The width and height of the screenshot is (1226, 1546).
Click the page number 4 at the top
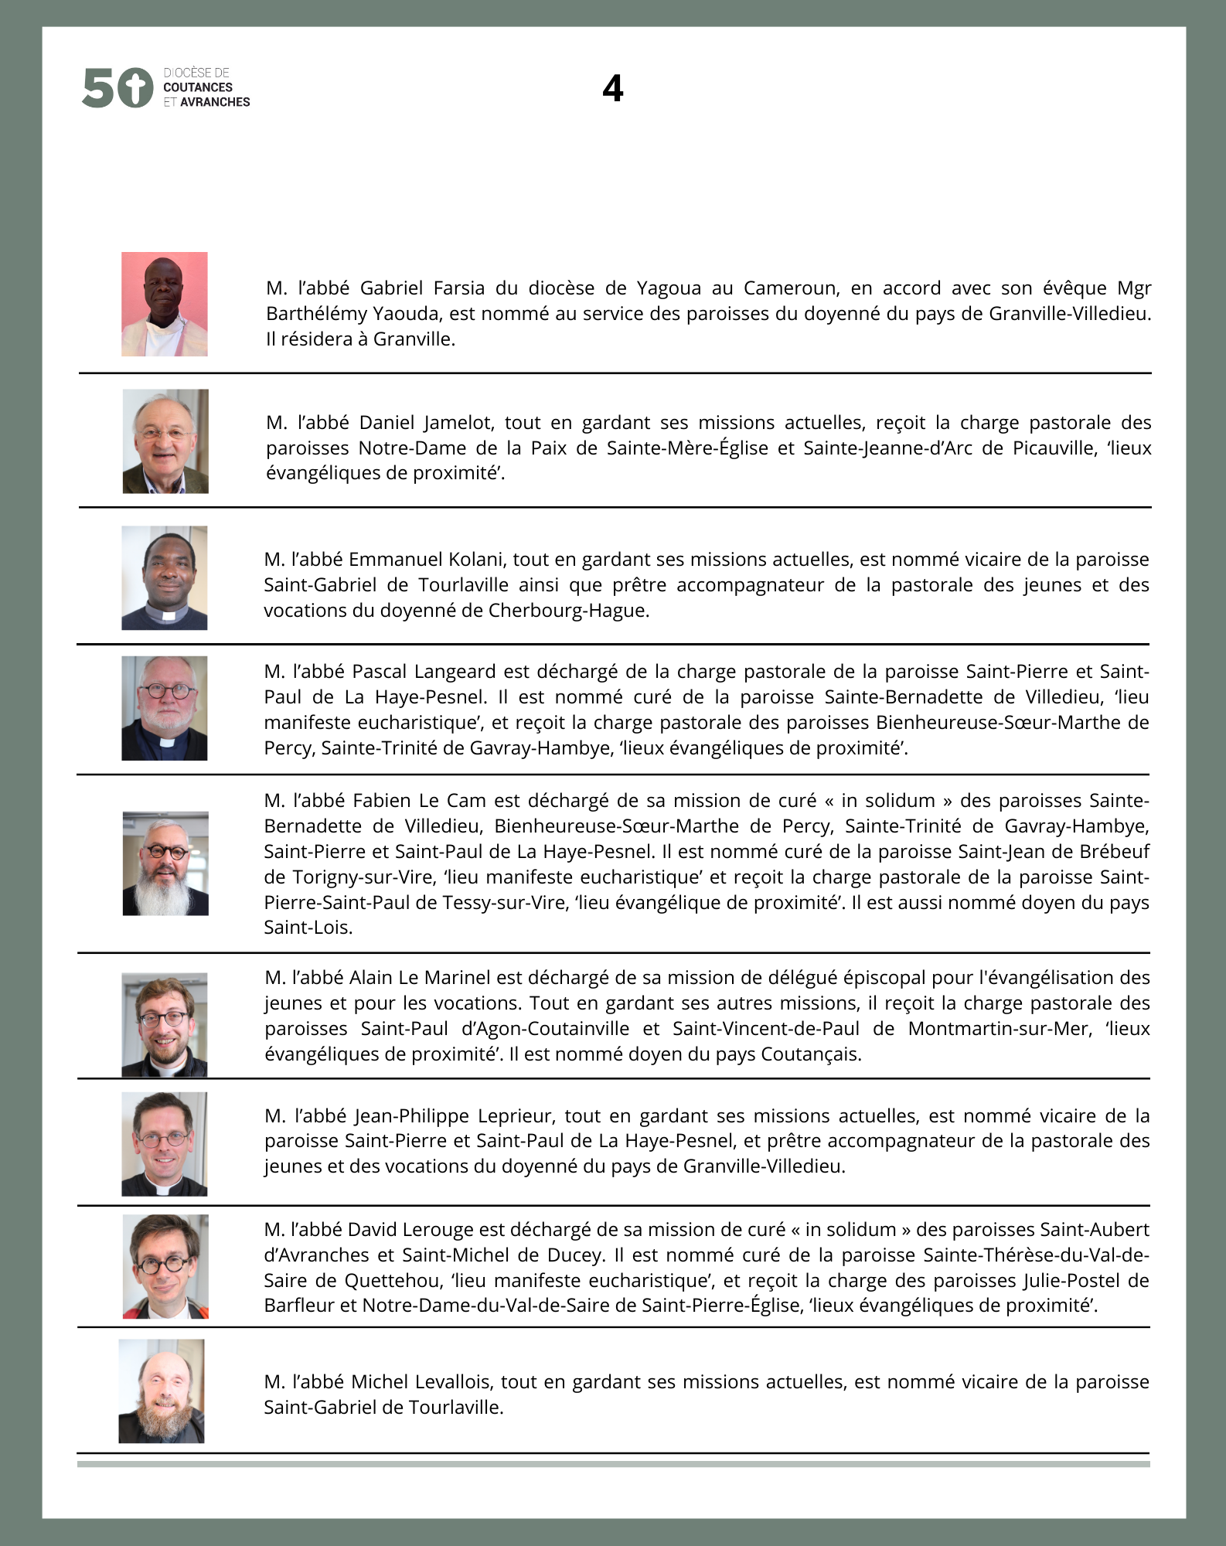(x=612, y=88)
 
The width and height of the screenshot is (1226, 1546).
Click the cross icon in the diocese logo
(x=136, y=87)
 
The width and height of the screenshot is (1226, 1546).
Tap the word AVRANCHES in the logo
(x=215, y=102)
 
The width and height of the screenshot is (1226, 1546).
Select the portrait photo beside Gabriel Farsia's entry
(x=165, y=304)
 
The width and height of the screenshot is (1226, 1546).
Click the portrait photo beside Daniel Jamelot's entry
(x=165, y=441)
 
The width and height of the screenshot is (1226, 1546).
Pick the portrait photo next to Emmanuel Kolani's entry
(x=165, y=577)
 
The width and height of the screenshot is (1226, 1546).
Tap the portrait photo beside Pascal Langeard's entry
(x=165, y=708)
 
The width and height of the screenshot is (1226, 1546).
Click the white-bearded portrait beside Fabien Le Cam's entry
(x=165, y=863)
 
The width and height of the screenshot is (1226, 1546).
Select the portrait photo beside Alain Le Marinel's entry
(x=165, y=1024)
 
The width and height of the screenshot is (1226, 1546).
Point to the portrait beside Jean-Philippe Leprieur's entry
(x=165, y=1143)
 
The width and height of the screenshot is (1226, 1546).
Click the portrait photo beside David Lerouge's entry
(x=165, y=1266)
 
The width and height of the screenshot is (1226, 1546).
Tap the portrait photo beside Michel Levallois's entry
(x=162, y=1391)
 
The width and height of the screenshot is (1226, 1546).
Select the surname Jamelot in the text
(x=459, y=423)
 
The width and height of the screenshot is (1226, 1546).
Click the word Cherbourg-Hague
(x=568, y=611)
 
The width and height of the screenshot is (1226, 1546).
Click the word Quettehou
(x=394, y=1281)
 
